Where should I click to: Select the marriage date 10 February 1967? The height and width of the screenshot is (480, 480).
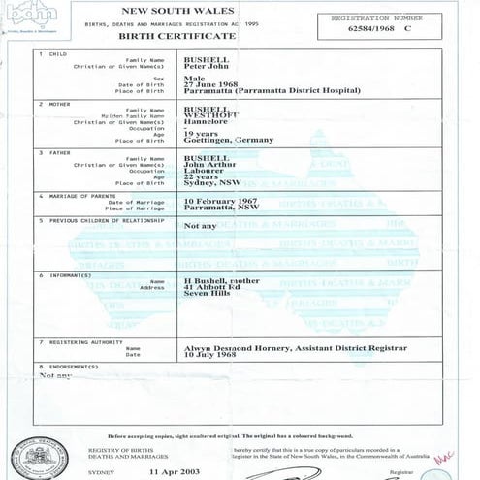click(x=226, y=200)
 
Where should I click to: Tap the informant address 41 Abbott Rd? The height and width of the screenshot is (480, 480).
click(x=210, y=288)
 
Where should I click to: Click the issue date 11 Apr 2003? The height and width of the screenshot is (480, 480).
click(x=176, y=469)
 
